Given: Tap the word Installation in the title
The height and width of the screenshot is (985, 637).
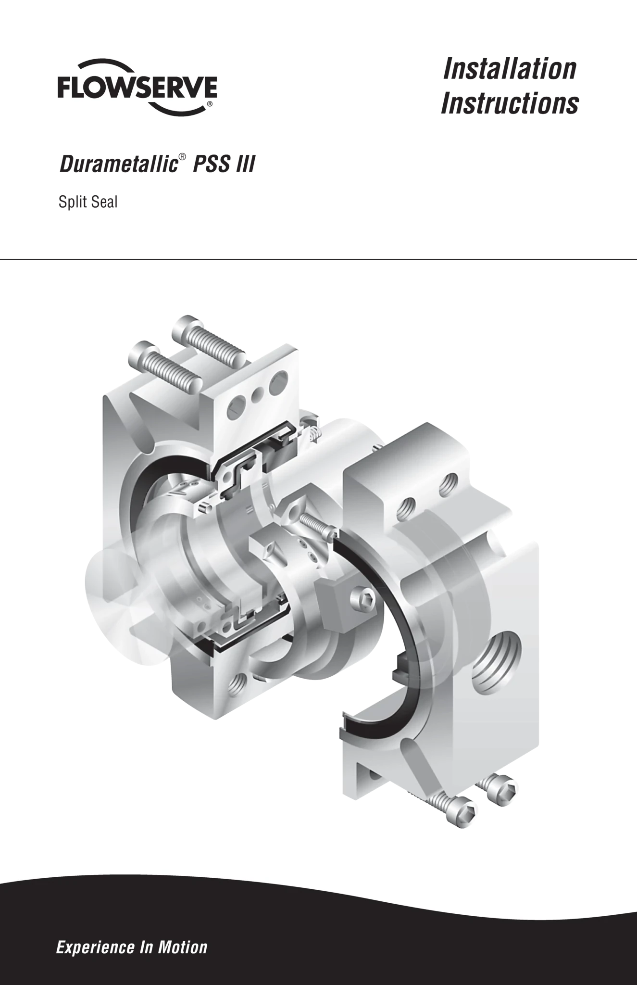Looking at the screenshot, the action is click(510, 68).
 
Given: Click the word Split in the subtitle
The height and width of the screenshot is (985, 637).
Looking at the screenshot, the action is click(73, 202).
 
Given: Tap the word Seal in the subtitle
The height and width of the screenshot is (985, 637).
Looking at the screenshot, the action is click(104, 202).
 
